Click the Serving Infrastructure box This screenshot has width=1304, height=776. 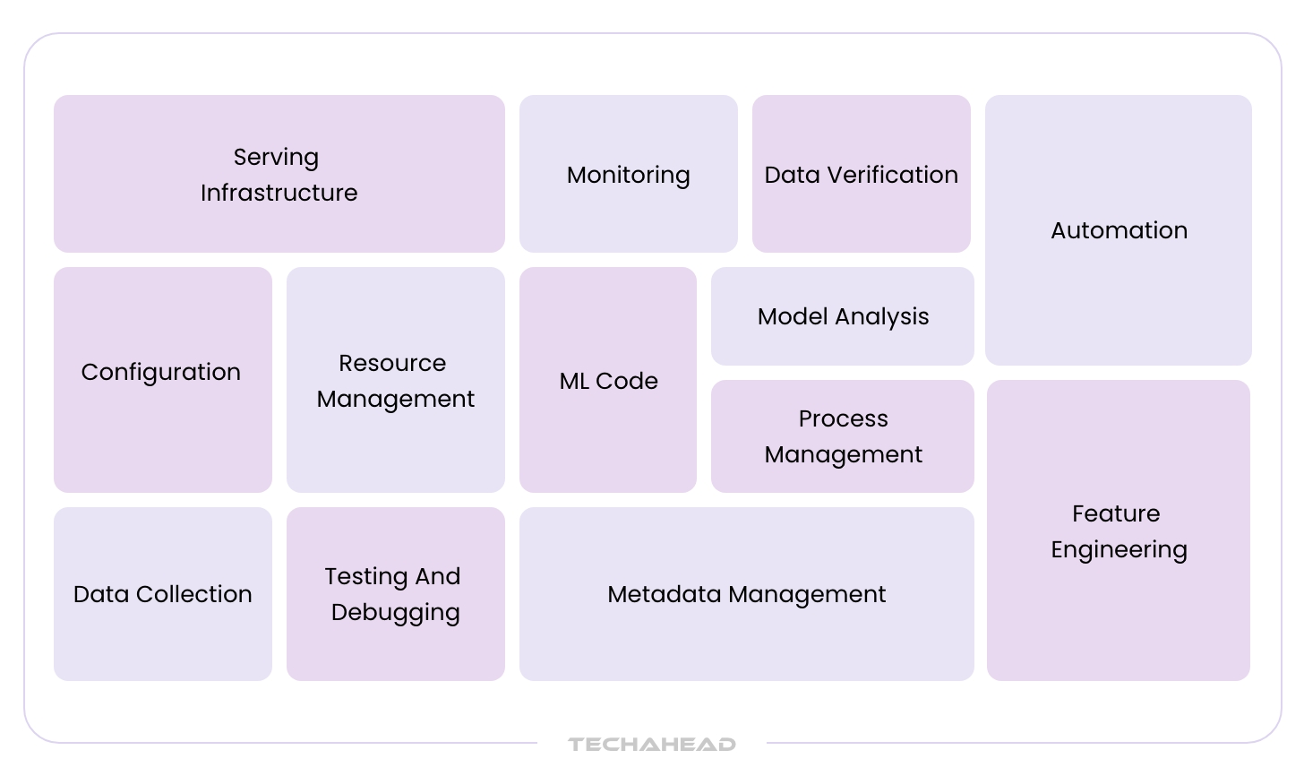click(279, 174)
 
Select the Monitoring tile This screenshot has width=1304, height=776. click(628, 174)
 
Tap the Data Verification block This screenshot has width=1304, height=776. click(861, 174)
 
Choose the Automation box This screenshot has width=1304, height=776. click(1118, 230)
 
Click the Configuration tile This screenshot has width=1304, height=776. click(162, 379)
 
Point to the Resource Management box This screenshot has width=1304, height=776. click(395, 379)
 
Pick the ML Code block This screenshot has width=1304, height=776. click(607, 379)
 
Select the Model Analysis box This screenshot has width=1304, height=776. click(842, 316)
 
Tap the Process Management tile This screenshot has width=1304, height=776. click(842, 436)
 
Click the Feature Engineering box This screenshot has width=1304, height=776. click(1118, 530)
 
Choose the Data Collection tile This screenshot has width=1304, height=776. click(162, 594)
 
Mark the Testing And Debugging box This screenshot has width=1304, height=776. click(395, 594)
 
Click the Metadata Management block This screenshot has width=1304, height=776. click(746, 594)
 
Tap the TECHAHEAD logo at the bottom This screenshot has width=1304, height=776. click(651, 744)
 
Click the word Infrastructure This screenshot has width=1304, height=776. click(279, 193)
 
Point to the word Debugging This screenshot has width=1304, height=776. click(395, 613)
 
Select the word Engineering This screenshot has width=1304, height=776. click(1119, 550)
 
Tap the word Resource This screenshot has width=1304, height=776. click(392, 363)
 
